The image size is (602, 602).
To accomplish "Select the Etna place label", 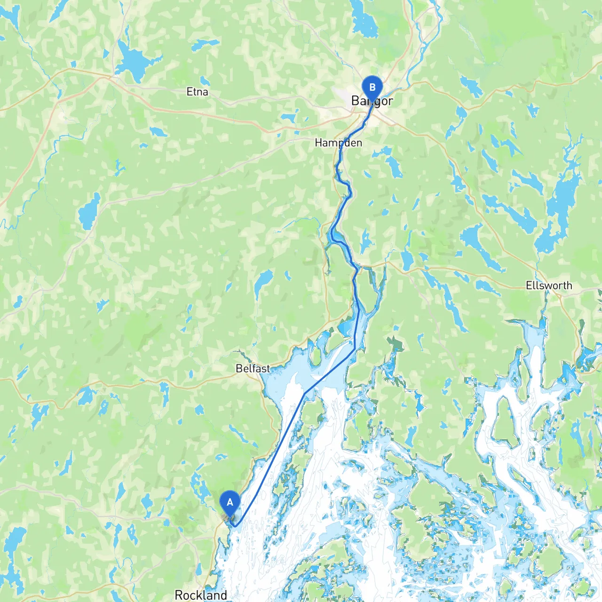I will (197, 92).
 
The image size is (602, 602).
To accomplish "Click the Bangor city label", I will (372, 101).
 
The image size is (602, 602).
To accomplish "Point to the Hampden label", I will (338, 143).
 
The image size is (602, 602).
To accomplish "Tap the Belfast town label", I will (253, 368).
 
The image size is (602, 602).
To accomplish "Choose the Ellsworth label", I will (549, 285).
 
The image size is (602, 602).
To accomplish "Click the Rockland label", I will (201, 595).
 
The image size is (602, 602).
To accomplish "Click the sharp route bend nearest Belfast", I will (305, 393).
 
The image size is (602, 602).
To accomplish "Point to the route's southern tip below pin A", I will (235, 526).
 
